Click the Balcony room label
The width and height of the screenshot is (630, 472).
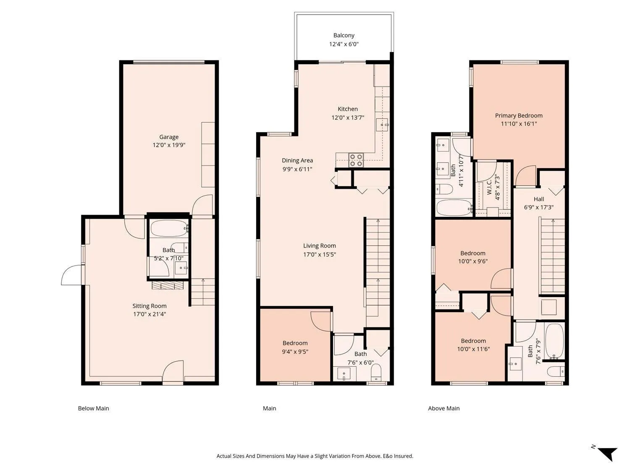[344, 35]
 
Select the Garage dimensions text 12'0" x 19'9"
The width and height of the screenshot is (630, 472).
[169, 145]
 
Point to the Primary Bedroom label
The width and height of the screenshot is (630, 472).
[519, 115]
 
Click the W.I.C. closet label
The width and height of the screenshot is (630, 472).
[489, 187]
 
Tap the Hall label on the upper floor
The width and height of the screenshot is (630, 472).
[539, 199]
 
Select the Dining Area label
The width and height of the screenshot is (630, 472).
[297, 161]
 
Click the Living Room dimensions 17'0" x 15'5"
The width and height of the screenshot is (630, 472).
[320, 254]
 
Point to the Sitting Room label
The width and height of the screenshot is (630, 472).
[149, 306]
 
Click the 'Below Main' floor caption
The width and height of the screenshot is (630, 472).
[93, 408]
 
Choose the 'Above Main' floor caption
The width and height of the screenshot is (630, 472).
[444, 408]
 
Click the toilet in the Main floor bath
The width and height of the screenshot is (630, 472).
[376, 372]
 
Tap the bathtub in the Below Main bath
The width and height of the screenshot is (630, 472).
[169, 228]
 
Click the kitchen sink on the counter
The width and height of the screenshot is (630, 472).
[382, 125]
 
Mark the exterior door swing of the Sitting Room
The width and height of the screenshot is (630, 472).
[72, 275]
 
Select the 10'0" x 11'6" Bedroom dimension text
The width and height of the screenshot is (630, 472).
[473, 349]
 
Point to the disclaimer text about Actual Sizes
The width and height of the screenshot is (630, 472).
[315, 456]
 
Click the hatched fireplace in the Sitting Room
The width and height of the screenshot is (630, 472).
[167, 285]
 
